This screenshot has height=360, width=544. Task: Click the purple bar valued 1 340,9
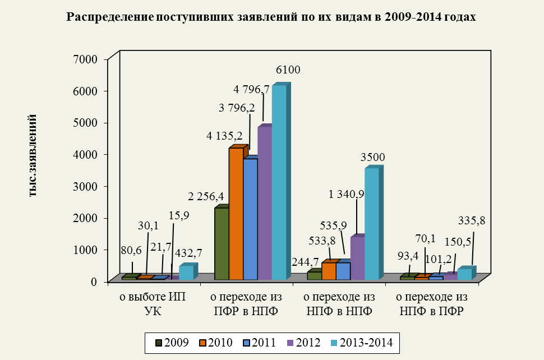tap(358, 257)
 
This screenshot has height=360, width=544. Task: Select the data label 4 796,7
tap(251, 90)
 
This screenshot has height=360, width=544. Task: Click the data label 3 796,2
tap(237, 108)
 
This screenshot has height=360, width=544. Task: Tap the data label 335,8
tap(472, 220)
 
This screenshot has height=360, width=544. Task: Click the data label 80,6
tap(131, 251)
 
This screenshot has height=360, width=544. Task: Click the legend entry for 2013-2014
tap(361, 343)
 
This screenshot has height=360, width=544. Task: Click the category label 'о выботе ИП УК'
tap(153, 304)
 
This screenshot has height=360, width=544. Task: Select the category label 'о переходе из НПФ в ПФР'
tap(432, 304)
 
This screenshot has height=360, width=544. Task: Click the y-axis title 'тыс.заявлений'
tap(33, 156)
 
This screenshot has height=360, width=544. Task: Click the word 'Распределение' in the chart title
tap(110, 17)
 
